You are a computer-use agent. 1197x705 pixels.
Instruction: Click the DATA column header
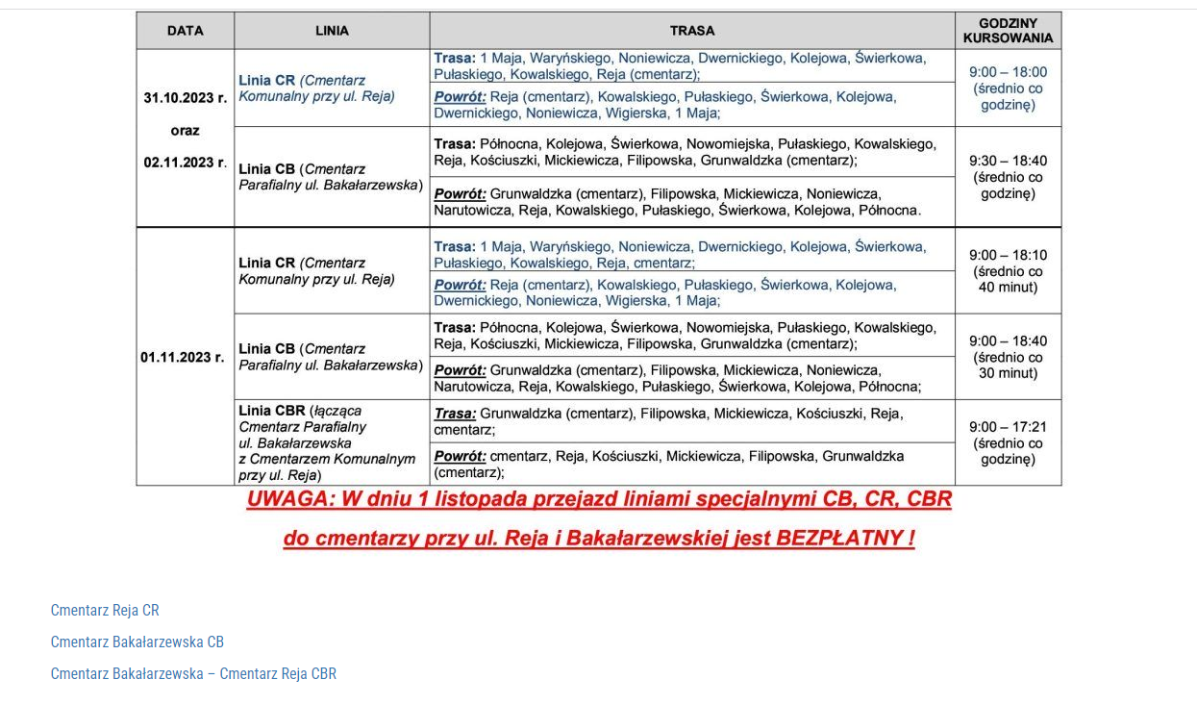(185, 31)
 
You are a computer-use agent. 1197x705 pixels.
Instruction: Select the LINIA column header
(332, 31)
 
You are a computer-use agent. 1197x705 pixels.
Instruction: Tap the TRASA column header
(692, 31)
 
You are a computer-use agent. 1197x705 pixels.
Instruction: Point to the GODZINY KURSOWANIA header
(1008, 31)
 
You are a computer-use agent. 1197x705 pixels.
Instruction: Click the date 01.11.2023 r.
(183, 357)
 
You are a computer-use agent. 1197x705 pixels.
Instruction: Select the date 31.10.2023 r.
(186, 97)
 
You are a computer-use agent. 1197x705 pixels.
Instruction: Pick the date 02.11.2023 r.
(186, 163)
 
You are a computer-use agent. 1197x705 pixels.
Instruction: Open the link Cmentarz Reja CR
(105, 610)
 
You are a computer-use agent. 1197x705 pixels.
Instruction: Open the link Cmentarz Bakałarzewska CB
(137, 642)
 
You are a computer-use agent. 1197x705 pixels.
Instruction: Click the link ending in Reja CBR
(193, 673)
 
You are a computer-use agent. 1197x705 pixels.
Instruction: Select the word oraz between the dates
(185, 130)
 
